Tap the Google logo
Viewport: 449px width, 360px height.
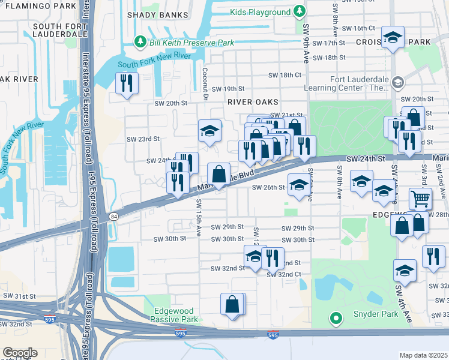click(20, 353)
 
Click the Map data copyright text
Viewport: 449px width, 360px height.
click(423, 355)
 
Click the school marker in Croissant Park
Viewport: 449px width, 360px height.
click(393, 38)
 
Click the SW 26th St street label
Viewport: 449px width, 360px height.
click(268, 187)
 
